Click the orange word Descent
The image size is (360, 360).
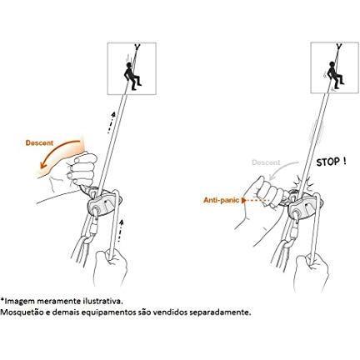click(39, 143)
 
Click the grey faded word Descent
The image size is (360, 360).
click(266, 162)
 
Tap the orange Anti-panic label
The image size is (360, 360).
click(222, 200)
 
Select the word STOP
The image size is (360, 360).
click(328, 162)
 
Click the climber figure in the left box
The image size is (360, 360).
click(132, 76)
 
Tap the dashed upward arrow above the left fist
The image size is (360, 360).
click(111, 122)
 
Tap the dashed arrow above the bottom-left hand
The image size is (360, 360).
click(120, 230)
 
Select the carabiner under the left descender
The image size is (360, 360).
click(93, 227)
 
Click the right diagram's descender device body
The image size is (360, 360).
click(303, 207)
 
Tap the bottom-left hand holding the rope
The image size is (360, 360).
click(109, 267)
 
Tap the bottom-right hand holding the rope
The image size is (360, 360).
click(311, 271)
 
